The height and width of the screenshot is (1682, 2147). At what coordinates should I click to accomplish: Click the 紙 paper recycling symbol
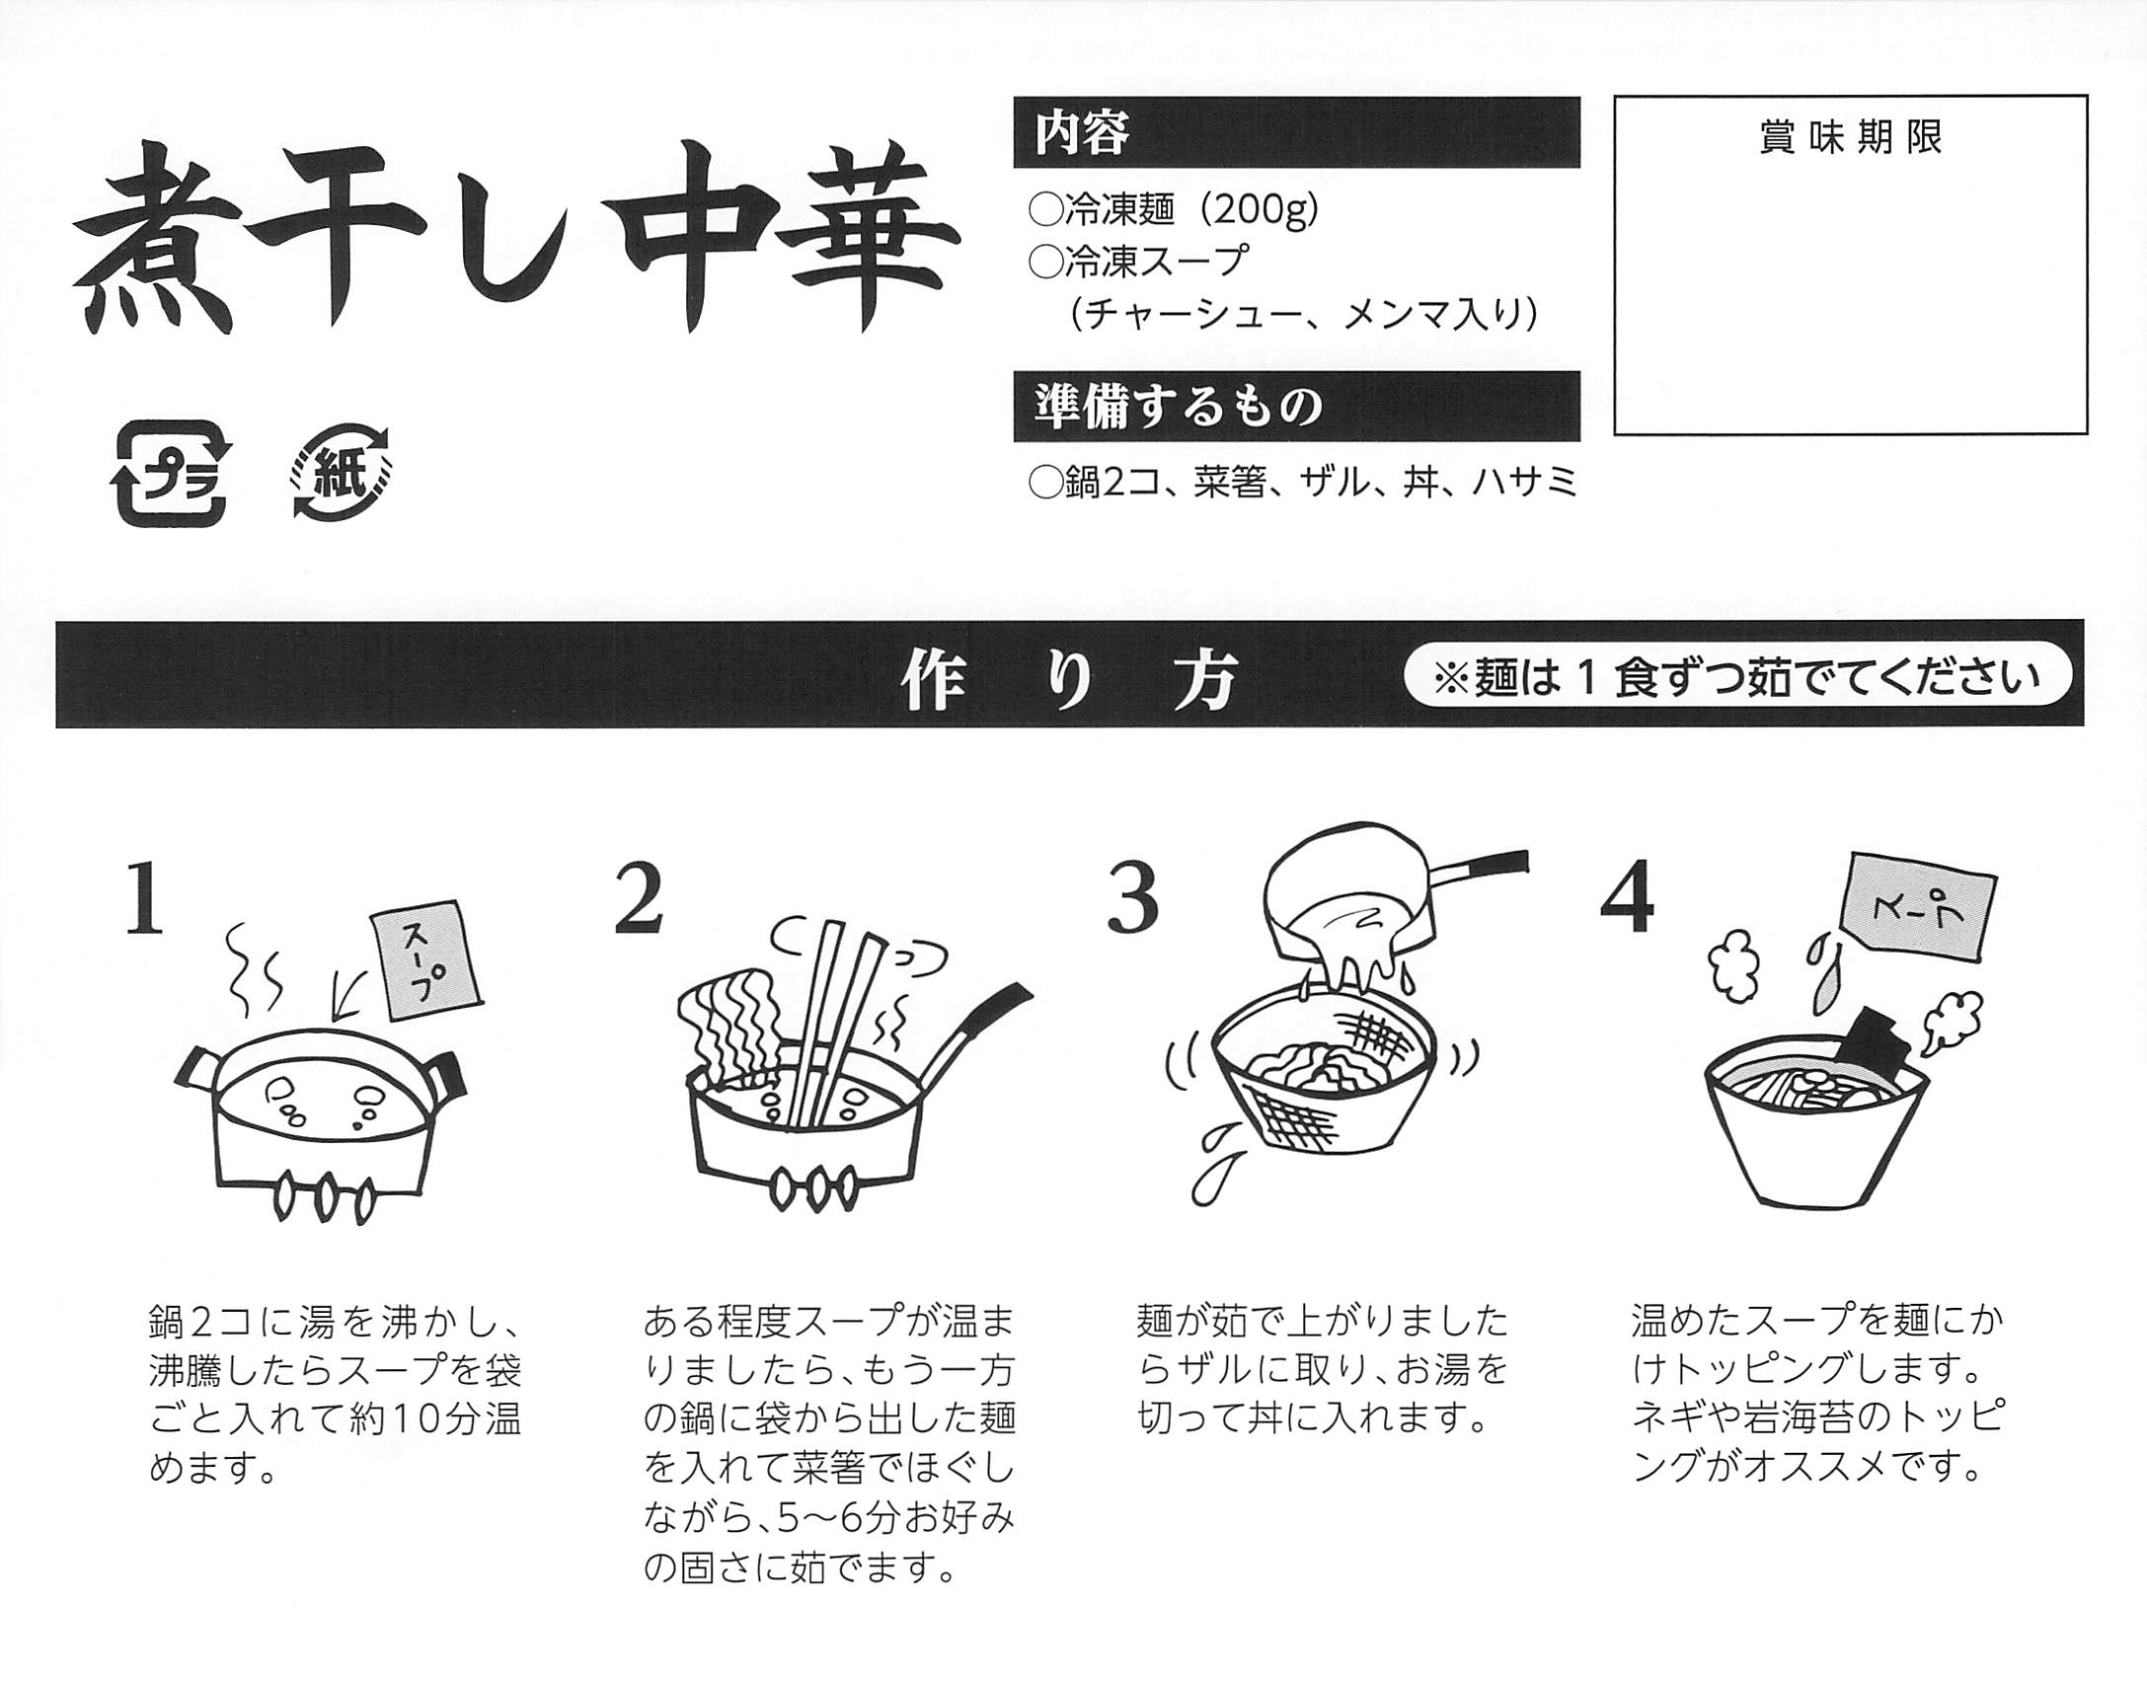(x=341, y=473)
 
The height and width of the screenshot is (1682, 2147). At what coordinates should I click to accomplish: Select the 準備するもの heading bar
(x=1295, y=406)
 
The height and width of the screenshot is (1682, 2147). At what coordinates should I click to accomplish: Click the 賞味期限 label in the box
(x=1850, y=138)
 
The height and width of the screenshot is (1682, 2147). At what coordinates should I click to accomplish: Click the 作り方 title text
(x=1069, y=680)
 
